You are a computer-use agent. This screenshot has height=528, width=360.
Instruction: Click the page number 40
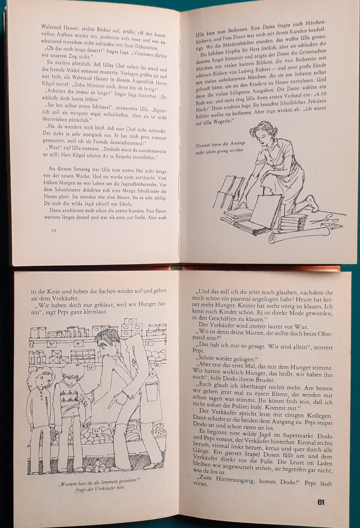pyautogui.click(x=54, y=231)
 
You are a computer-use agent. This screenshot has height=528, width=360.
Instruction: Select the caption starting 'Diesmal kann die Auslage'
pyautogui.click(x=221, y=148)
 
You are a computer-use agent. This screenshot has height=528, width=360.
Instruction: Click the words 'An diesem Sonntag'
pyautogui.click(x=67, y=169)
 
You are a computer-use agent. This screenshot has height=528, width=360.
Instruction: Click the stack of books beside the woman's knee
pyautogui.click(x=293, y=223)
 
